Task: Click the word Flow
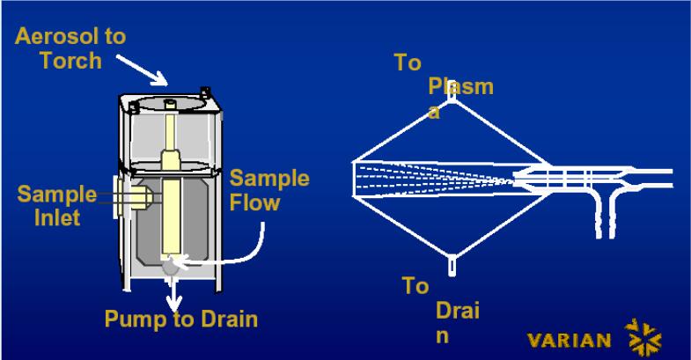(x=255, y=202)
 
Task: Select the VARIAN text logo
(x=570, y=341)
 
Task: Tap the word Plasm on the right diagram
(x=460, y=86)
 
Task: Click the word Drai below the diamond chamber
(x=457, y=312)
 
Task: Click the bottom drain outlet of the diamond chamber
(x=452, y=261)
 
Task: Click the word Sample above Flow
(x=269, y=179)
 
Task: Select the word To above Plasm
(x=408, y=62)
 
